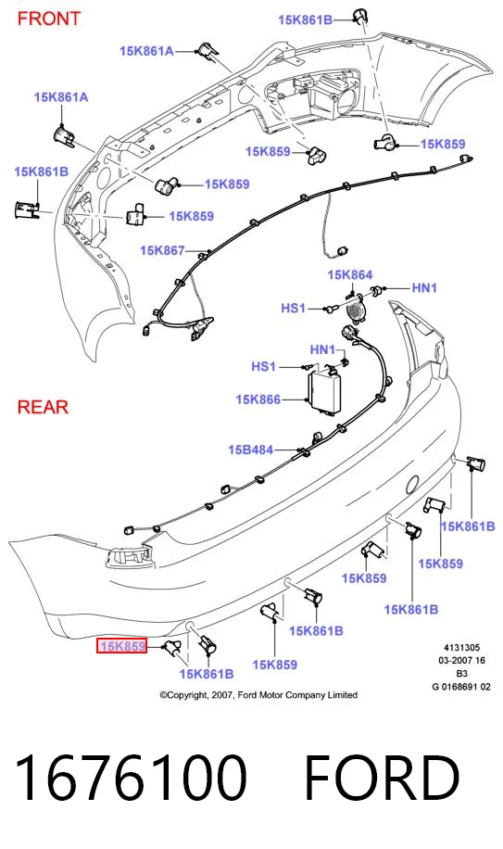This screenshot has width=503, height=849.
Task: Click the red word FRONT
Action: [x=49, y=19]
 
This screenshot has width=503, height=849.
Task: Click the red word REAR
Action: [x=43, y=407]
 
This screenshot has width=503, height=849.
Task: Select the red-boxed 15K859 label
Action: [x=121, y=646]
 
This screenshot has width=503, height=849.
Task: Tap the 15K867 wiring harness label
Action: [x=162, y=250]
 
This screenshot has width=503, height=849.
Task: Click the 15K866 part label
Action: [x=258, y=399]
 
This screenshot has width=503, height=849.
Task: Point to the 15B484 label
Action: [x=250, y=450]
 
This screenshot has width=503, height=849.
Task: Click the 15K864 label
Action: [x=350, y=275]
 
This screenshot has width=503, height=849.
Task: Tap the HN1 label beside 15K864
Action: [x=424, y=288]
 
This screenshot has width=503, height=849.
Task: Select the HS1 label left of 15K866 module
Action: [x=263, y=366]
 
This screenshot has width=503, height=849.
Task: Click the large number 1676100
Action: [x=131, y=777]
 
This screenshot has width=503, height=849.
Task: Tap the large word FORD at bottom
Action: [x=383, y=777]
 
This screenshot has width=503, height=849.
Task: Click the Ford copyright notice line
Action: [x=258, y=695]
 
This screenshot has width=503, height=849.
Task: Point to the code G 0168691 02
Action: [x=461, y=687]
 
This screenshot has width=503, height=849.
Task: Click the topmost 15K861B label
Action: [x=305, y=20]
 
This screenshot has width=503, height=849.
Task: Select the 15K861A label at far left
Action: [x=61, y=97]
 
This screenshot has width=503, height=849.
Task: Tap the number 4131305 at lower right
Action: [x=462, y=648]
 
